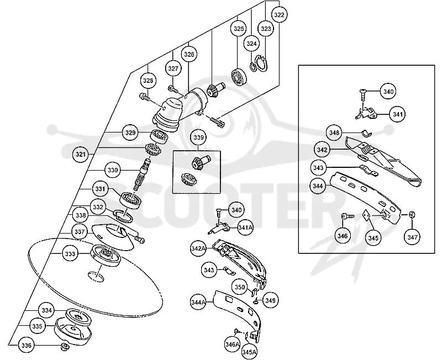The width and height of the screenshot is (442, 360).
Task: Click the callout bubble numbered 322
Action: (x=279, y=14)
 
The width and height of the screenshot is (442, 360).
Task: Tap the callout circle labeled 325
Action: (x=239, y=29)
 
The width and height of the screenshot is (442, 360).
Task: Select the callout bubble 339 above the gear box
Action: (x=198, y=137)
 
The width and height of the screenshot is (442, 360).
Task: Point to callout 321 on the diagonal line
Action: (x=81, y=155)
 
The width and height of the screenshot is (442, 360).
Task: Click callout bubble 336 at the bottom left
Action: (x=26, y=345)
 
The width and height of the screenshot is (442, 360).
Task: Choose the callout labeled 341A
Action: (x=245, y=227)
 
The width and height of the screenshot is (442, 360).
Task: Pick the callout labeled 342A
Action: (x=198, y=248)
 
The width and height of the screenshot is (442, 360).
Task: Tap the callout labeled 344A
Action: (x=198, y=302)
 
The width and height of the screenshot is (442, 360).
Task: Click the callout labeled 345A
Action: (x=250, y=352)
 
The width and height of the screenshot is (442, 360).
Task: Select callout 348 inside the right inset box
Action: (x=334, y=133)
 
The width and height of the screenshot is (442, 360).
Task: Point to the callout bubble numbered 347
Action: (x=412, y=237)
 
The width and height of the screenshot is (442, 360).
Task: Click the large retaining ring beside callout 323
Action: (x=262, y=64)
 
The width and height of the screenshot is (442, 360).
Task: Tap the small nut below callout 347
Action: (x=412, y=215)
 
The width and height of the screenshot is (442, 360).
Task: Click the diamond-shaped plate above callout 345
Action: (x=367, y=215)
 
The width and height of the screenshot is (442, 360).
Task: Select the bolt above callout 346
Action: (x=348, y=216)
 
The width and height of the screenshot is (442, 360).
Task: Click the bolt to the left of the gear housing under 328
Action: (x=145, y=97)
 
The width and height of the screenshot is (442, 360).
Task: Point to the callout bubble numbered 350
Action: (x=240, y=287)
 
